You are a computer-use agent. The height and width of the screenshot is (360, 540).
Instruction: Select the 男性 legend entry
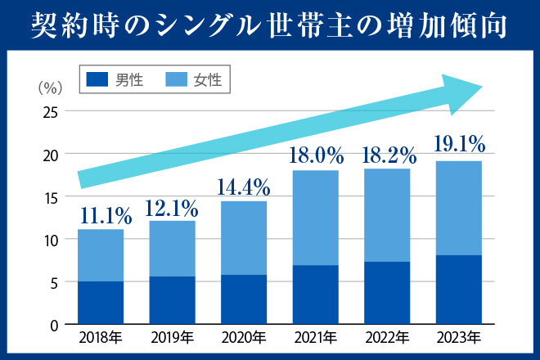click(x=115, y=79)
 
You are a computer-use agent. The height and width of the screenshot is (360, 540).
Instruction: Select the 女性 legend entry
click(x=193, y=79)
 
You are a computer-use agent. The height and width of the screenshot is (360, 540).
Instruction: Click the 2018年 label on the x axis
click(x=101, y=337)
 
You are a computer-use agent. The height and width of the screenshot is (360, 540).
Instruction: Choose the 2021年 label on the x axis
click(x=315, y=337)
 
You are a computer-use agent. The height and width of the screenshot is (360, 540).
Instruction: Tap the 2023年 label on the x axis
click(x=458, y=337)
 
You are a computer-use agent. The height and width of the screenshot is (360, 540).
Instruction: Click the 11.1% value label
click(x=106, y=216)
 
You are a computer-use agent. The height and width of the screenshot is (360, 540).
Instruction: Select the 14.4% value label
click(x=243, y=187)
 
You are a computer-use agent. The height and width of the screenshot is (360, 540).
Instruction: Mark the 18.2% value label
click(x=387, y=155)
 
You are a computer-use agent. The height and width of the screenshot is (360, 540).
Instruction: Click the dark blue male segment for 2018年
click(x=101, y=304)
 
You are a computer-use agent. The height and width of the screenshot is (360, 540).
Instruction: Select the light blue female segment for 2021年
click(x=315, y=218)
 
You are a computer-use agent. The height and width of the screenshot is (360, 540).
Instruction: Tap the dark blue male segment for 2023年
click(x=458, y=290)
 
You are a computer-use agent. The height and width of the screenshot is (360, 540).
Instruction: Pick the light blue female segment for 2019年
click(x=172, y=249)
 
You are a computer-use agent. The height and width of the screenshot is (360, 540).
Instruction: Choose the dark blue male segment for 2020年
click(x=243, y=300)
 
